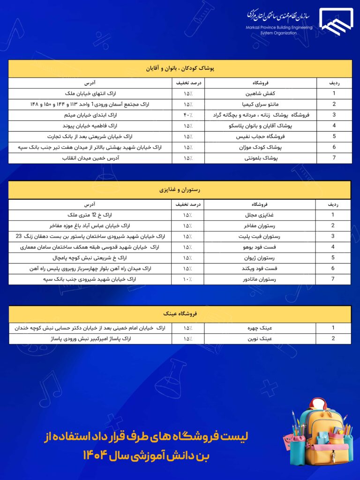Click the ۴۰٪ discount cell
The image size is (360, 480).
coord(188,115)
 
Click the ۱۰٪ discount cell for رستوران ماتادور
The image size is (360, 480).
coord(187,279)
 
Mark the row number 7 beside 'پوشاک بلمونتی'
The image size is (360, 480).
coord(334,158)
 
